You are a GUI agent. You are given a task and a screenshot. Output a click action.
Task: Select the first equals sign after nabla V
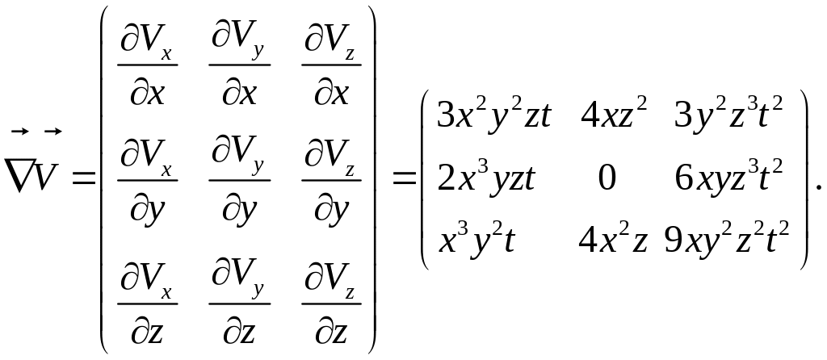[82, 174]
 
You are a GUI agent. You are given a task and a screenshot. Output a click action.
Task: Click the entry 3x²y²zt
[493, 115]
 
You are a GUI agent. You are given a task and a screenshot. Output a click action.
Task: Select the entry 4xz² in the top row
[614, 115]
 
